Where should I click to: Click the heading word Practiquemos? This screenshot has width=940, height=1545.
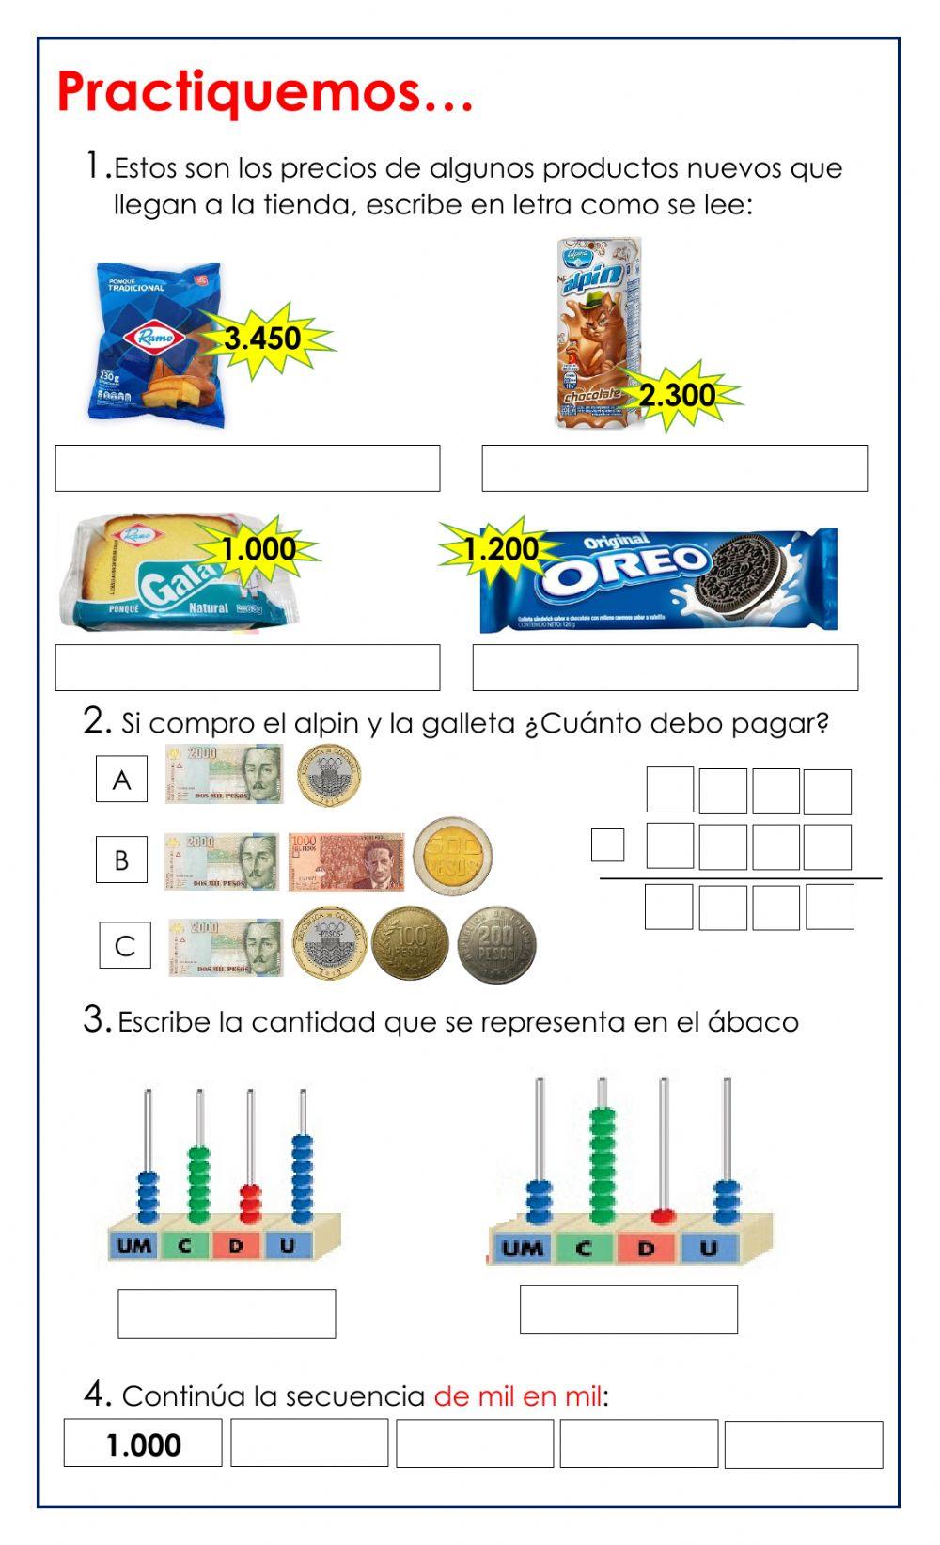(263, 92)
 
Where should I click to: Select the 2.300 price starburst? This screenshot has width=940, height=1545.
(677, 395)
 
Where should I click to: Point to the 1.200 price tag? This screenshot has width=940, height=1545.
(501, 549)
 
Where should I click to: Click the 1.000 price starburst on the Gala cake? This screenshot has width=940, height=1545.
(258, 549)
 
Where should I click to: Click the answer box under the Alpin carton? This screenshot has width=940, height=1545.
(674, 468)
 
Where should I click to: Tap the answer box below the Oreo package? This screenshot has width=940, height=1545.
(665, 668)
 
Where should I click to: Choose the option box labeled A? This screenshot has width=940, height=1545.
(121, 780)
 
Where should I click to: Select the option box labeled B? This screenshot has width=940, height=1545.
(121, 859)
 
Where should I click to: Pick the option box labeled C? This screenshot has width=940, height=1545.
(125, 946)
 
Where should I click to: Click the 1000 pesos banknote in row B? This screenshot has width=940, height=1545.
(346, 860)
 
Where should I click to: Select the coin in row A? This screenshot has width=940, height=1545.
(329, 776)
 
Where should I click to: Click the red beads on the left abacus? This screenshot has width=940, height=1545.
(250, 1204)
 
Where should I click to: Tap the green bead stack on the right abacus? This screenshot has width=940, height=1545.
(602, 1166)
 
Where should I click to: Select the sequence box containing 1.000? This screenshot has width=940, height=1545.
(143, 1444)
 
